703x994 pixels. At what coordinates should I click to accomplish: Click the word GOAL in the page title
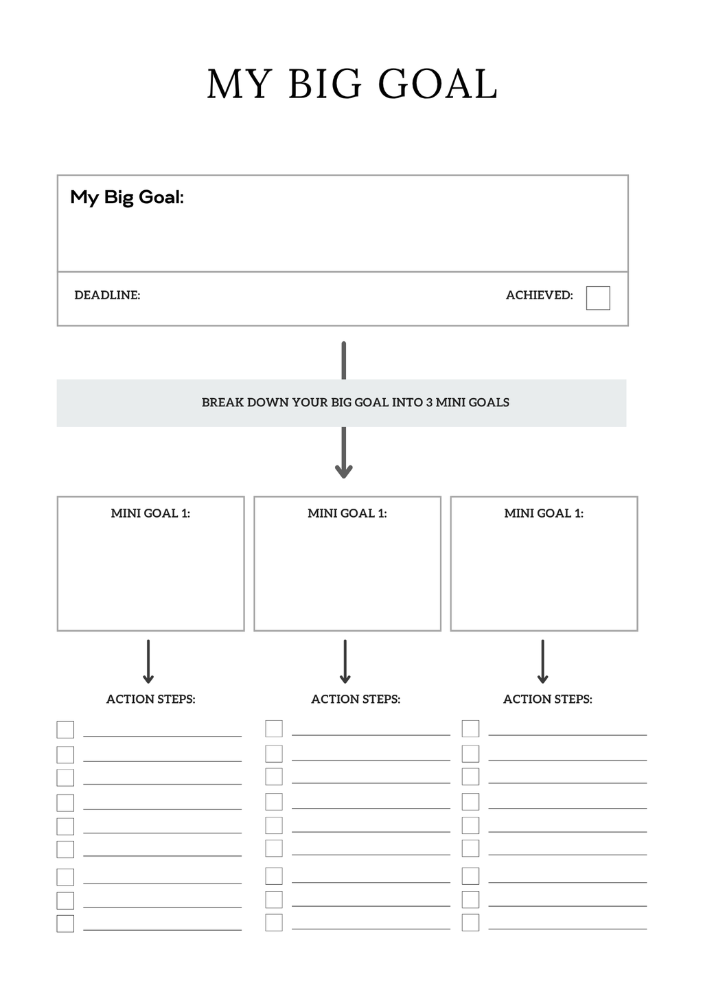[x=437, y=84]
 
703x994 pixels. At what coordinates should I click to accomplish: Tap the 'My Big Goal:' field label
[x=127, y=198]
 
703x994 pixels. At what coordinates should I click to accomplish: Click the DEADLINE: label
[x=107, y=295]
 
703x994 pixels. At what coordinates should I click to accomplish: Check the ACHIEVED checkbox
[x=598, y=298]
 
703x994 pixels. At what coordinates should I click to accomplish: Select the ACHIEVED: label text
[x=539, y=295]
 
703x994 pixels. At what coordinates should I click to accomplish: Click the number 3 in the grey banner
[x=429, y=403]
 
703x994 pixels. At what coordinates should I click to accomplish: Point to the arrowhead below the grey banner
[x=344, y=471]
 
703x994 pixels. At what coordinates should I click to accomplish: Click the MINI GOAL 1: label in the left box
[x=150, y=513]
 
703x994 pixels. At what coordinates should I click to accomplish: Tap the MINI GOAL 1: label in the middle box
[x=347, y=513]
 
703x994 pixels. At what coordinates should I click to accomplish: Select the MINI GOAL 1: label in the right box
[x=544, y=513]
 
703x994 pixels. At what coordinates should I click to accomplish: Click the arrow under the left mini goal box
[x=148, y=662]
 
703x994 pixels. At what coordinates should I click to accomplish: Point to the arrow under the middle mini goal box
[x=345, y=662]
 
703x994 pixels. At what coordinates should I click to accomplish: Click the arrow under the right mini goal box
[x=542, y=662]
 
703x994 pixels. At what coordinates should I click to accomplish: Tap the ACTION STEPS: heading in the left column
[x=150, y=700]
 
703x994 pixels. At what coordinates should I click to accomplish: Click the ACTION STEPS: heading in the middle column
[x=356, y=700]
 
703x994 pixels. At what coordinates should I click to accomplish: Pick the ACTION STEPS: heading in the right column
[x=547, y=700]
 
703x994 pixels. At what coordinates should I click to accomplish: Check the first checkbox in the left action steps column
[x=65, y=729]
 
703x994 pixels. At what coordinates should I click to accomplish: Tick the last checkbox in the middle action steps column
[x=274, y=922]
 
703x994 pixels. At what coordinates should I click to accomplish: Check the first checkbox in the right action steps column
[x=470, y=728]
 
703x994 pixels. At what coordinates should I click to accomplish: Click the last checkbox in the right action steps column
[x=470, y=922]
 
